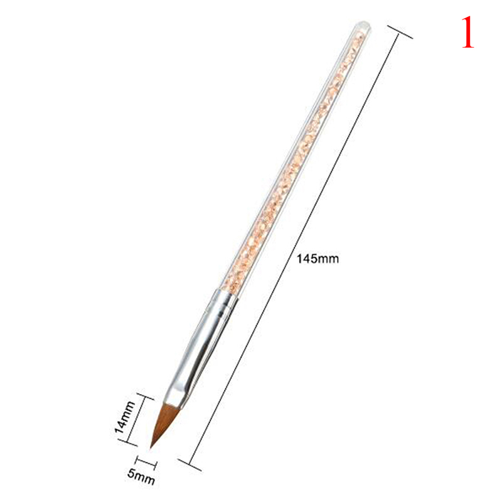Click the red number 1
pos(467,33)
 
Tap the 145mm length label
pos(318,259)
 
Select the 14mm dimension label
pos(125,417)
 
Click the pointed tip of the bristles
pos(151,447)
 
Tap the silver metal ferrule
pos(201,346)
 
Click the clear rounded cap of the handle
pos(363,26)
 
